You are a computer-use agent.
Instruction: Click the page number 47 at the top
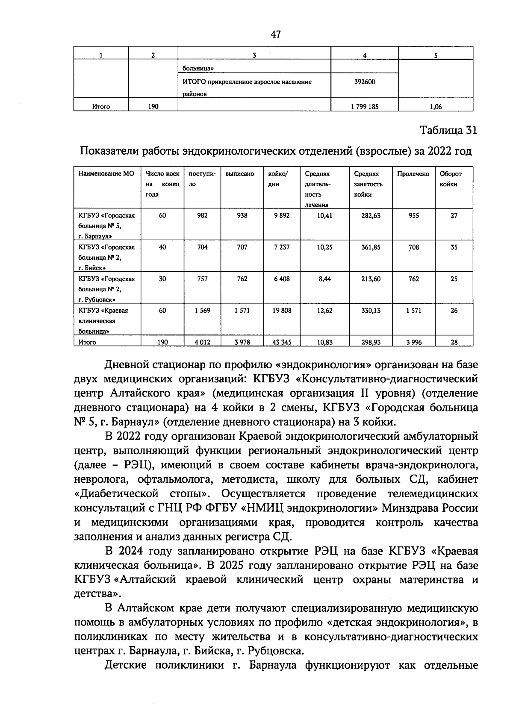[x=275, y=34]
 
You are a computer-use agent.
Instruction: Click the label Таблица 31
[x=448, y=130]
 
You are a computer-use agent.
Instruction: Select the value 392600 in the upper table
[x=365, y=82]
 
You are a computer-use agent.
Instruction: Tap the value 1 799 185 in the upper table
[x=364, y=107]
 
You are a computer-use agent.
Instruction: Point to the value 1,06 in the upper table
[x=436, y=107]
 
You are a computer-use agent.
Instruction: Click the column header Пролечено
[x=413, y=174]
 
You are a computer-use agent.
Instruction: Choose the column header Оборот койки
[x=451, y=179]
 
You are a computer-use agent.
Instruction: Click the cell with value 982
[x=202, y=216]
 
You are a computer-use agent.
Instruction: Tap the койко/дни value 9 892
[x=282, y=216]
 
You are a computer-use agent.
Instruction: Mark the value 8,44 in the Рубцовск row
[x=324, y=279]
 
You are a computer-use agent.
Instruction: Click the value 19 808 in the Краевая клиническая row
[x=282, y=311]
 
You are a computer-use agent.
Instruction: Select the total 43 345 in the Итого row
[x=282, y=342]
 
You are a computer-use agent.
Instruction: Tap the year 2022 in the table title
[x=441, y=151]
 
